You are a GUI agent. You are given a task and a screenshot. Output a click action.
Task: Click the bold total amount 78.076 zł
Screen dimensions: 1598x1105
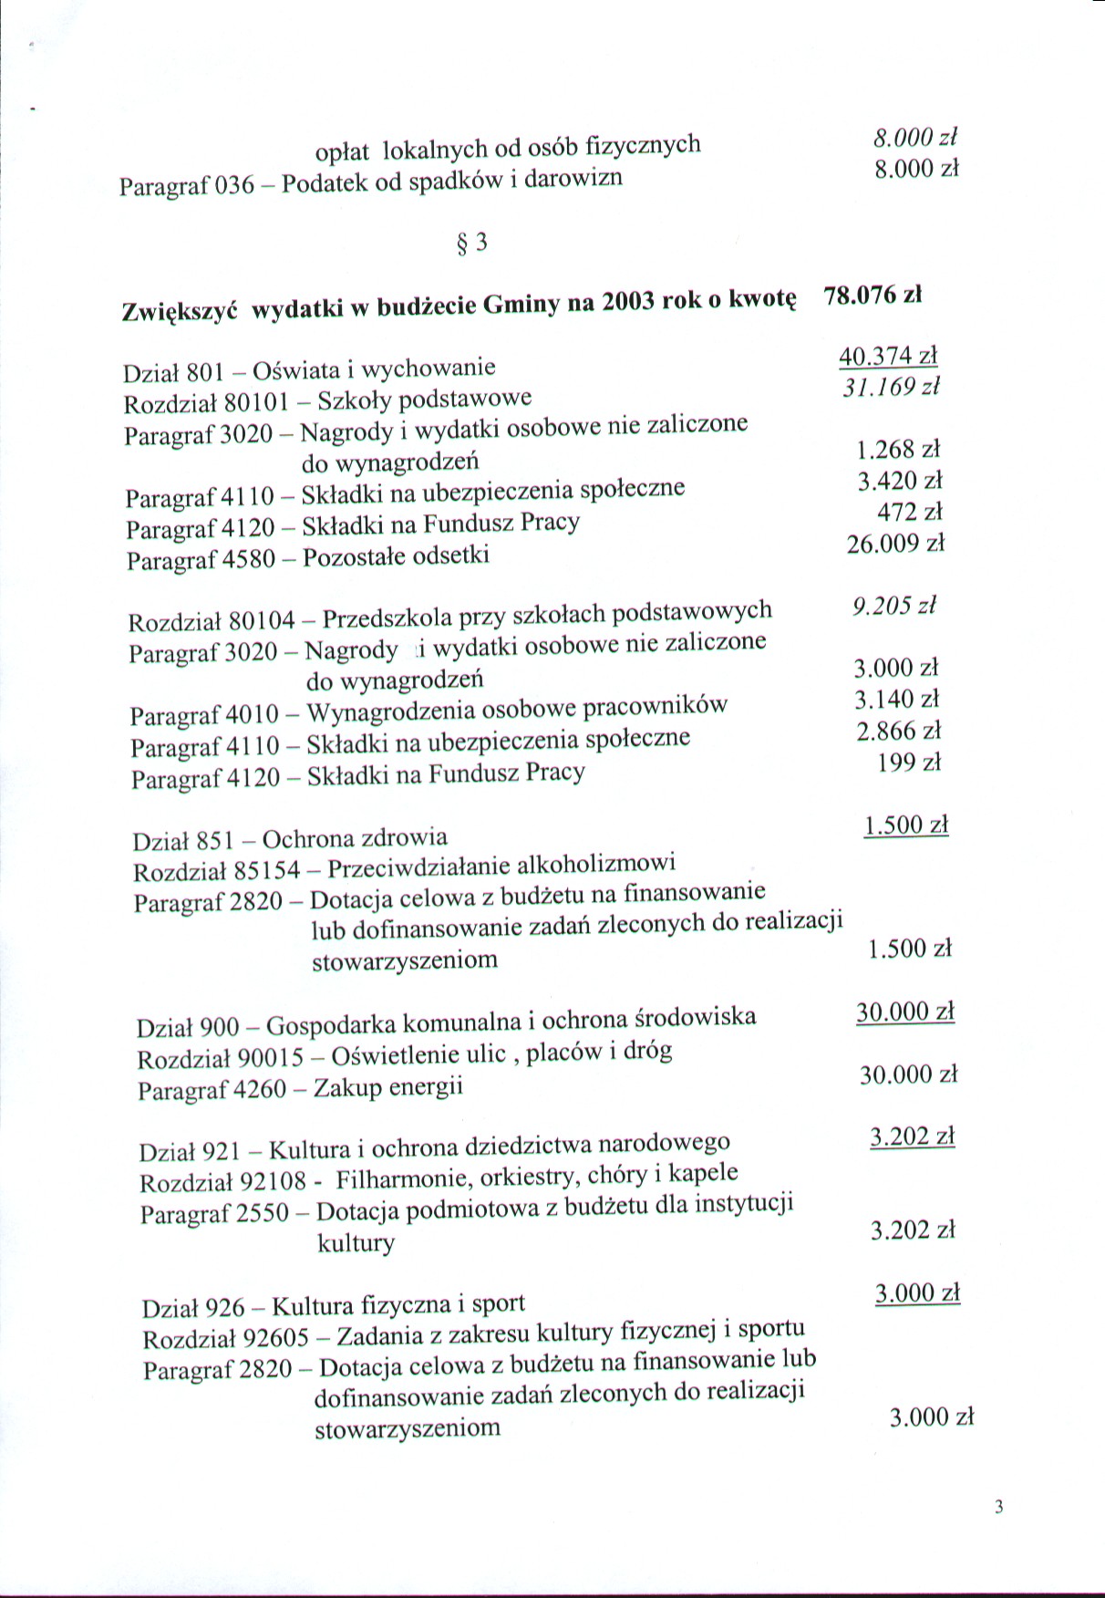(x=873, y=296)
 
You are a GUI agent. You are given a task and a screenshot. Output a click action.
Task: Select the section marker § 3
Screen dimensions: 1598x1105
(x=471, y=243)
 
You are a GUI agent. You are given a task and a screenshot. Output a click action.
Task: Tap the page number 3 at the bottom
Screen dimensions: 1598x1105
(x=998, y=1506)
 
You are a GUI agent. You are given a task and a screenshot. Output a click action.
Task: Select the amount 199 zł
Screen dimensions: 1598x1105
(x=908, y=763)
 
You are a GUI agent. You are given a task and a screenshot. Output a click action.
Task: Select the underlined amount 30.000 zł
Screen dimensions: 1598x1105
(x=904, y=1012)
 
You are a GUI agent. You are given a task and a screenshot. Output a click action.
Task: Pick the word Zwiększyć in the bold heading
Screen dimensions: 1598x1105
(x=180, y=311)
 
